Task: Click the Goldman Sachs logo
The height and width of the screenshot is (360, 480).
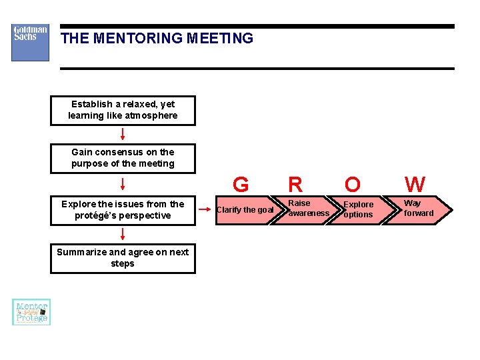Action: [30, 43]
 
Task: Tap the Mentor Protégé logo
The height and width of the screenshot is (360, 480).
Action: [31, 312]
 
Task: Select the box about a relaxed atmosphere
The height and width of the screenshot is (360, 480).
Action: [123, 110]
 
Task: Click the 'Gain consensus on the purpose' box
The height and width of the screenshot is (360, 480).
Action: [123, 158]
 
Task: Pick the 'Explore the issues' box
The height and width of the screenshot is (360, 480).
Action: [123, 210]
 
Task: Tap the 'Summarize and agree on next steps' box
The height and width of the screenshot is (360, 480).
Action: [123, 258]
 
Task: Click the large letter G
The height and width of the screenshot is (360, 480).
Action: [241, 184]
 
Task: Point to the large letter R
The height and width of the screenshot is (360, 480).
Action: [295, 184]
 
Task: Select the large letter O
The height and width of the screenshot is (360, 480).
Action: [353, 184]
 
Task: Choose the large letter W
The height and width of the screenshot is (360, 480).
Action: [415, 184]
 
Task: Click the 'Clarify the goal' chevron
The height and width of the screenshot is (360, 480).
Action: [245, 210]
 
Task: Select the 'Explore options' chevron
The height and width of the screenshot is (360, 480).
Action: [358, 209]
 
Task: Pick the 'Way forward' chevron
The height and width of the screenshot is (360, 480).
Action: [418, 208]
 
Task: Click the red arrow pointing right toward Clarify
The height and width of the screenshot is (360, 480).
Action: [205, 209]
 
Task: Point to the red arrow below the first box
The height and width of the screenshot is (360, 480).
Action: [123, 134]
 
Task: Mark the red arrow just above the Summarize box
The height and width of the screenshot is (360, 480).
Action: [123, 233]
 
